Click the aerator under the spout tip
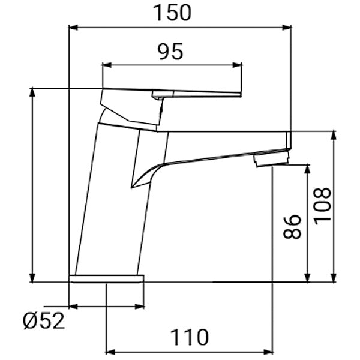[271, 160]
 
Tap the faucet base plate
[107, 279]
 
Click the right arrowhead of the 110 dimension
[267, 351]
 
